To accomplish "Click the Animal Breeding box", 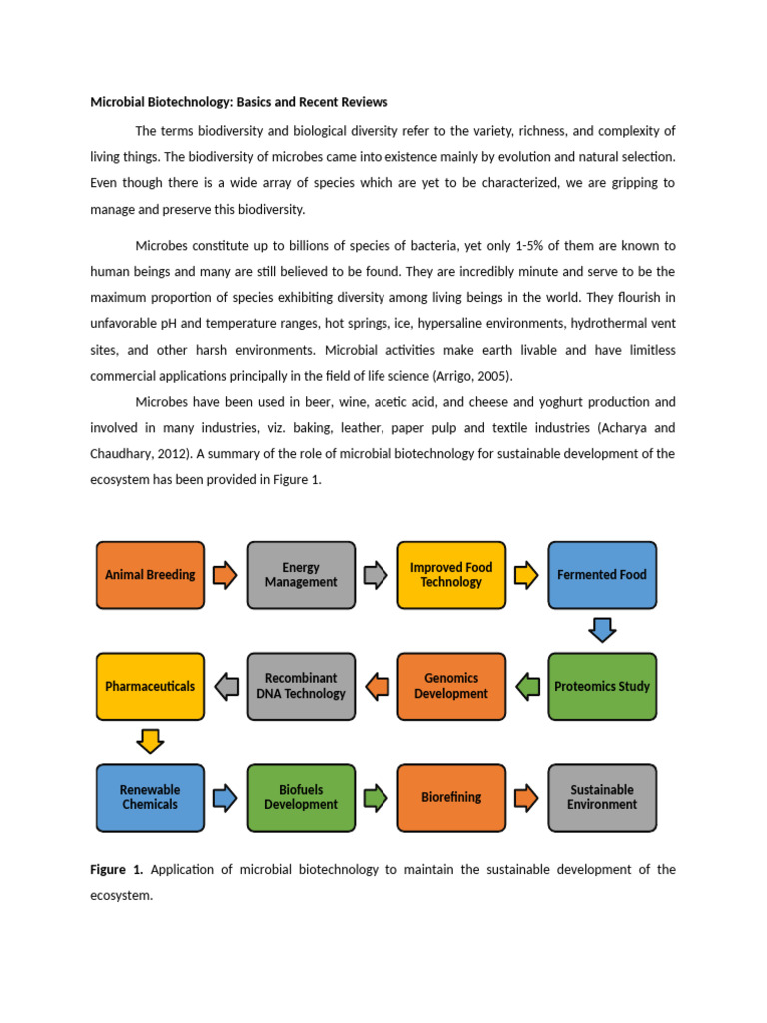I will pyautogui.click(x=150, y=575).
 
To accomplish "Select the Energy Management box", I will pyautogui.click(x=301, y=575).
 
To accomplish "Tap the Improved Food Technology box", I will pyautogui.click(x=451, y=575).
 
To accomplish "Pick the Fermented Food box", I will pyautogui.click(x=602, y=575).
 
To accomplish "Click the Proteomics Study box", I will pyautogui.click(x=602, y=687).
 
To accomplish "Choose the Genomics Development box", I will pyautogui.click(x=451, y=687).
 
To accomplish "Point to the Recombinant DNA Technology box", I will pyautogui.click(x=301, y=687).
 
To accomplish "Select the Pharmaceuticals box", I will pyautogui.click(x=150, y=687).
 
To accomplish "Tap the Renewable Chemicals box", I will pyautogui.click(x=150, y=797).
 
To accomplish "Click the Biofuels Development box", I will pyautogui.click(x=301, y=797).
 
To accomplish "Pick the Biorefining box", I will pyautogui.click(x=451, y=797).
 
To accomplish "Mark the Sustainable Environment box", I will pyautogui.click(x=602, y=797).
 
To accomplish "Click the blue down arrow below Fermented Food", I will pyautogui.click(x=602, y=630).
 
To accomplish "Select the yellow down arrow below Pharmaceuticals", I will pyautogui.click(x=150, y=741).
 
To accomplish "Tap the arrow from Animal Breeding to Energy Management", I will pyautogui.click(x=226, y=575).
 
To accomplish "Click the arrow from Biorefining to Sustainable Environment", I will pyautogui.click(x=527, y=797).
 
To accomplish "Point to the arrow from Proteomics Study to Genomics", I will pyautogui.click(x=527, y=687).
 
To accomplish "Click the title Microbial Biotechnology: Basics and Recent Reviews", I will pyautogui.click(x=239, y=102).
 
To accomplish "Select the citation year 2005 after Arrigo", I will pyautogui.click(x=496, y=376).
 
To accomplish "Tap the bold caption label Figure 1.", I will pyautogui.click(x=117, y=870).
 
